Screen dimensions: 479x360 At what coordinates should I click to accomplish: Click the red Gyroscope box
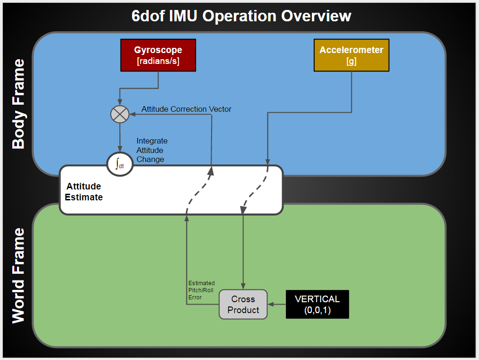click(158, 55)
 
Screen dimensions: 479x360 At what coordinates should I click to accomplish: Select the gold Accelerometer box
click(352, 55)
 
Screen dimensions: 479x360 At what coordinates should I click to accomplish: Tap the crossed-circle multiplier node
click(120, 114)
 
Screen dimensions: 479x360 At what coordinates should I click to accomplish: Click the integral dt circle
click(120, 164)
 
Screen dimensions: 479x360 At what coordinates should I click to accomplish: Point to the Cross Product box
click(243, 305)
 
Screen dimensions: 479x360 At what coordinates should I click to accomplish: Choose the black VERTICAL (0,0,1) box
click(318, 305)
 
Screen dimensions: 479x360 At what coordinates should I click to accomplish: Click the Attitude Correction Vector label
click(186, 109)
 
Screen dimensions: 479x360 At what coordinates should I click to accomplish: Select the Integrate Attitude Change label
click(152, 150)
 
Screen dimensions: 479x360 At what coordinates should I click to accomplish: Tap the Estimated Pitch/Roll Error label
click(201, 290)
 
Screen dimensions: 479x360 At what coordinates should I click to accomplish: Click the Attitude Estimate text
click(84, 192)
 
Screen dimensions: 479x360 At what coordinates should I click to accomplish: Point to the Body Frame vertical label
click(18, 104)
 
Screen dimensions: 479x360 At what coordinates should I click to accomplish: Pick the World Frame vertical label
click(18, 275)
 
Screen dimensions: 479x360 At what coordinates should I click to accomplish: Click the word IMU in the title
click(183, 16)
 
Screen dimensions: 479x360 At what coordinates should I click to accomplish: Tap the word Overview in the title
click(316, 16)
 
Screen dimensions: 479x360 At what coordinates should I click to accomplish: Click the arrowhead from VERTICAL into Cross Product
click(271, 305)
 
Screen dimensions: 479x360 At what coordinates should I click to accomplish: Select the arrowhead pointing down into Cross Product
click(243, 286)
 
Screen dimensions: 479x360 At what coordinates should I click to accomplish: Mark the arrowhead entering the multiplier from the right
click(133, 114)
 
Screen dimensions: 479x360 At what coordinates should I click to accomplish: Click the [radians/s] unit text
click(158, 61)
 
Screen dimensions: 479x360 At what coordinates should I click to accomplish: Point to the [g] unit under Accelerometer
click(352, 62)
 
